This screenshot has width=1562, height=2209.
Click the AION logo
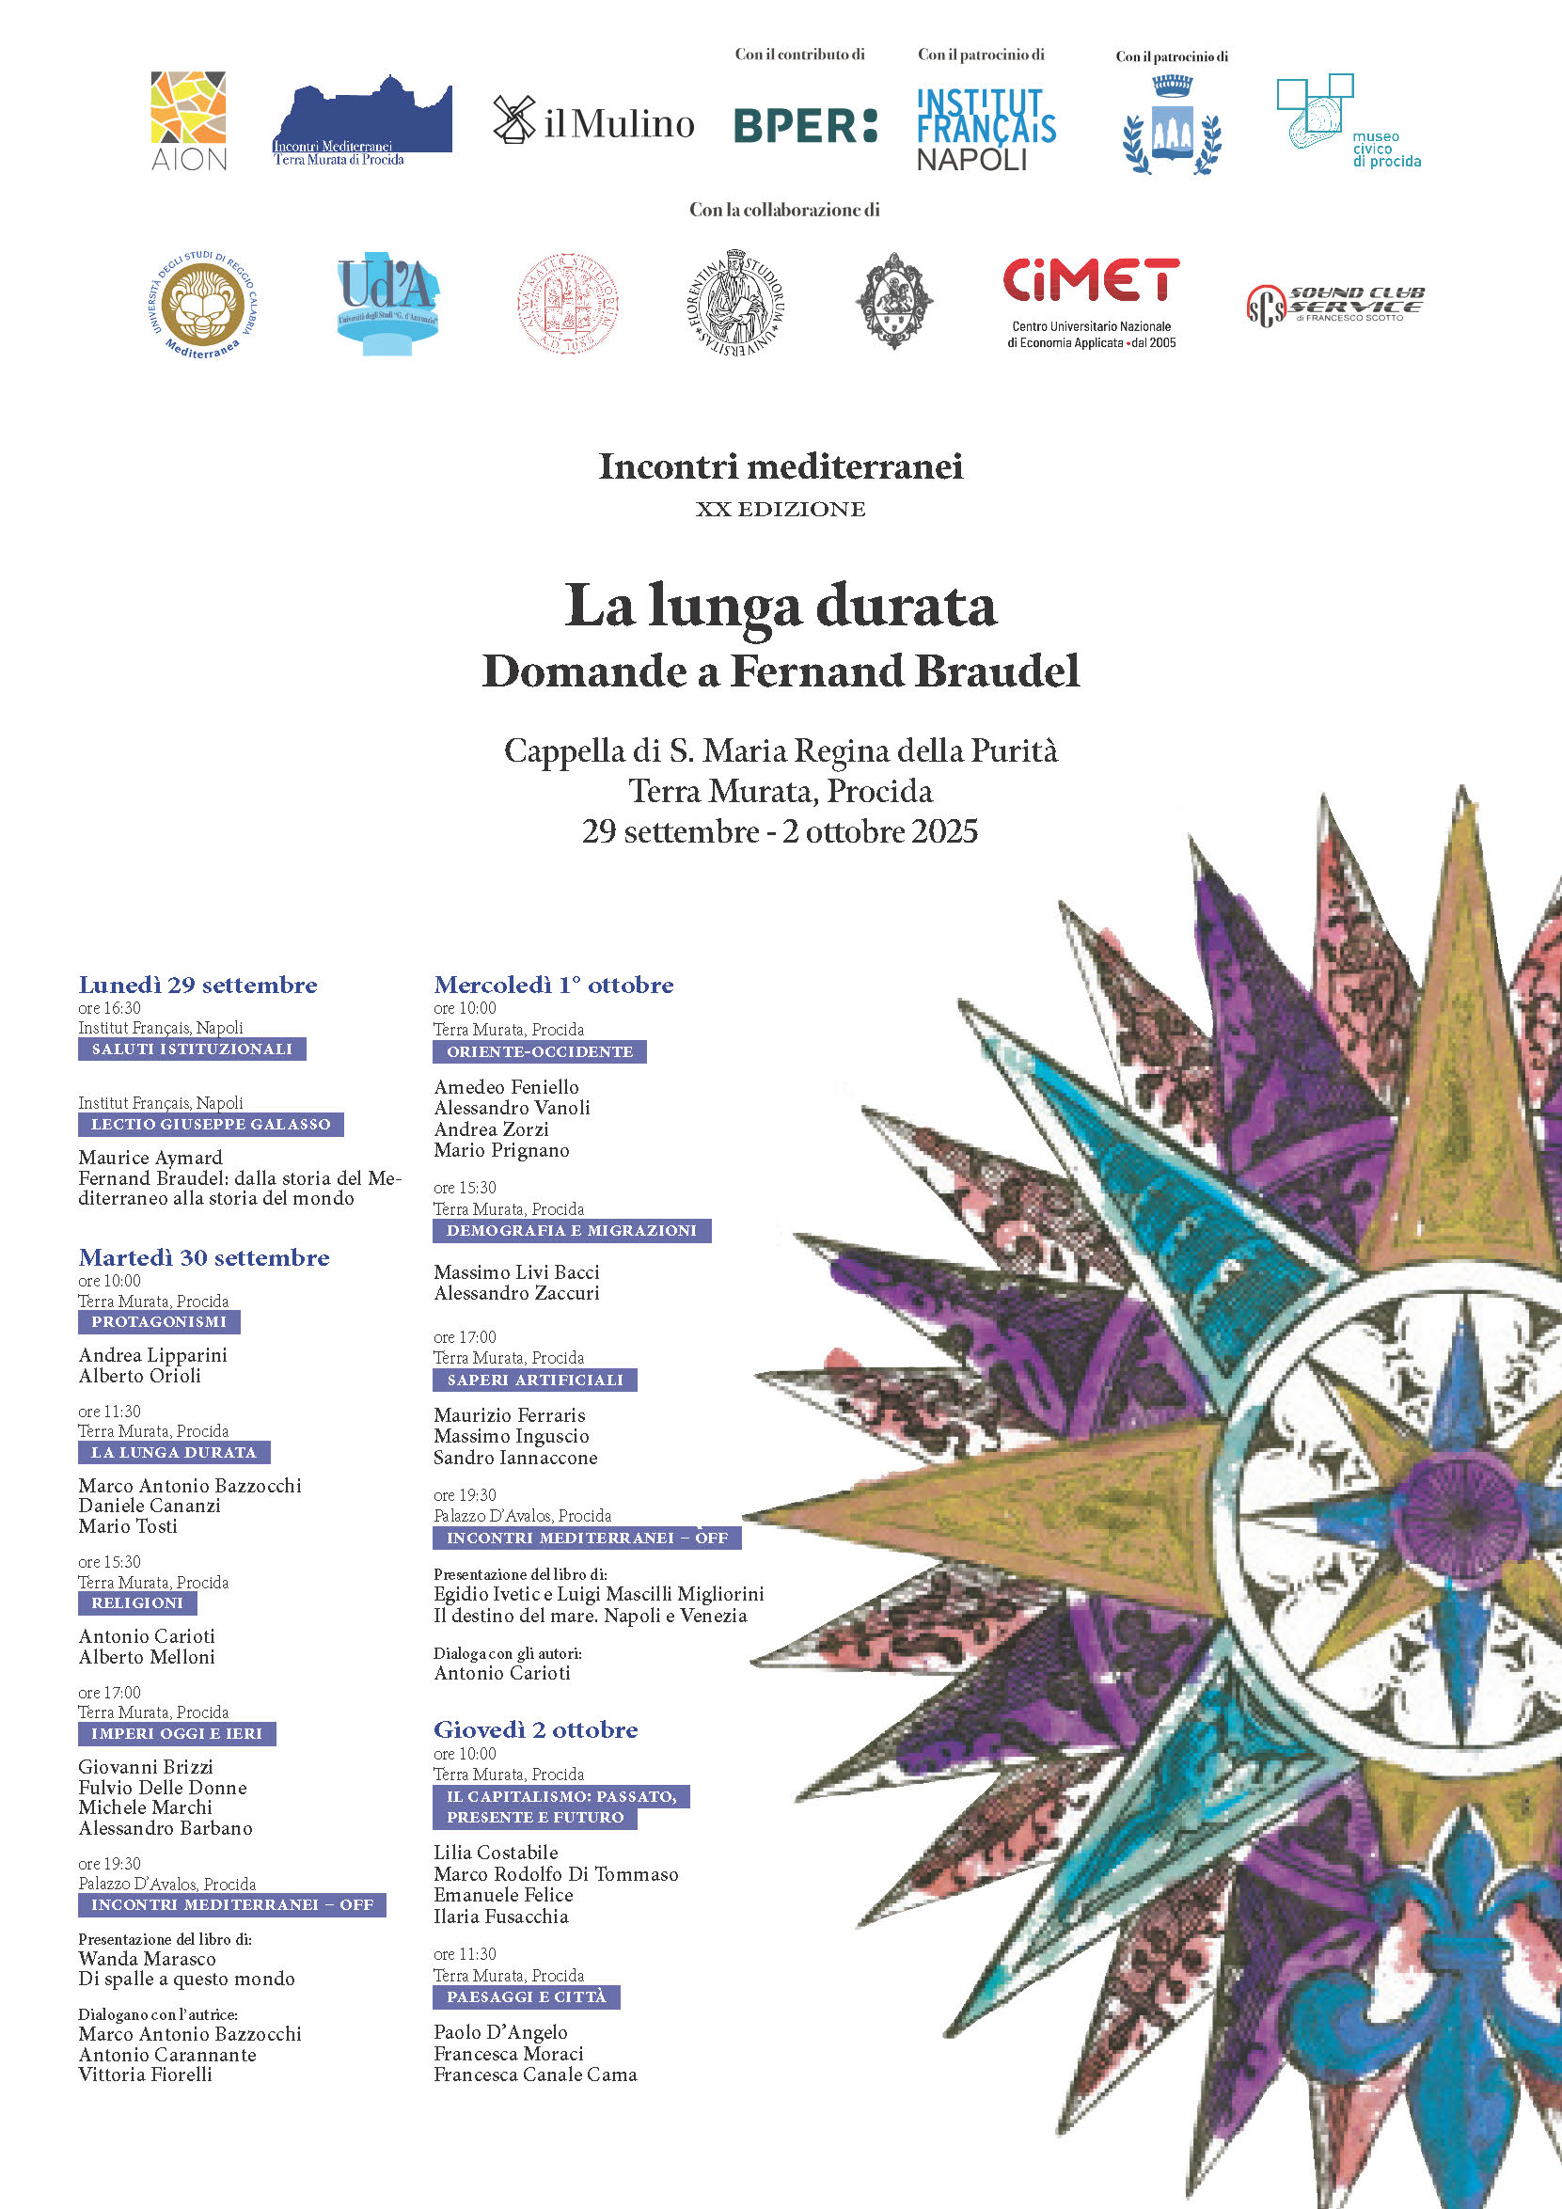(x=188, y=120)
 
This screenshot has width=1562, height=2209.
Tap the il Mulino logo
(x=593, y=122)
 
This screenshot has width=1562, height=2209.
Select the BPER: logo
(x=805, y=125)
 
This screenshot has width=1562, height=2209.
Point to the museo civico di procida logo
(x=1347, y=122)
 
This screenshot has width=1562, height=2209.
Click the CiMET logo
(x=1091, y=301)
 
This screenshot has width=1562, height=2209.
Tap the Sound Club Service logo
(x=1335, y=305)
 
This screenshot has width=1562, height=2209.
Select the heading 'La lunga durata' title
(x=780, y=607)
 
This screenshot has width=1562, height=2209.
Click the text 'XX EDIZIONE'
(x=780, y=509)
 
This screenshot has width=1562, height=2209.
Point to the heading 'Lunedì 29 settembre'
(x=197, y=985)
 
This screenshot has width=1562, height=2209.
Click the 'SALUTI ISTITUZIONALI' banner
(x=192, y=1049)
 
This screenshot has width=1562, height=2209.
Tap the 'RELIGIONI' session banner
(x=136, y=1602)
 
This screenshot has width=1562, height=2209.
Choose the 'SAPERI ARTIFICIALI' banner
(x=535, y=1380)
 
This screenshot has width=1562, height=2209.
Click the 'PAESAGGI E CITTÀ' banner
(x=526, y=1996)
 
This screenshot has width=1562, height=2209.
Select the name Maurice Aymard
(x=150, y=1158)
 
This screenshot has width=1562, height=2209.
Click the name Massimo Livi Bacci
(x=516, y=1272)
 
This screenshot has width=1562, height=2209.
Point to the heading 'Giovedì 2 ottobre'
(x=536, y=1728)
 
